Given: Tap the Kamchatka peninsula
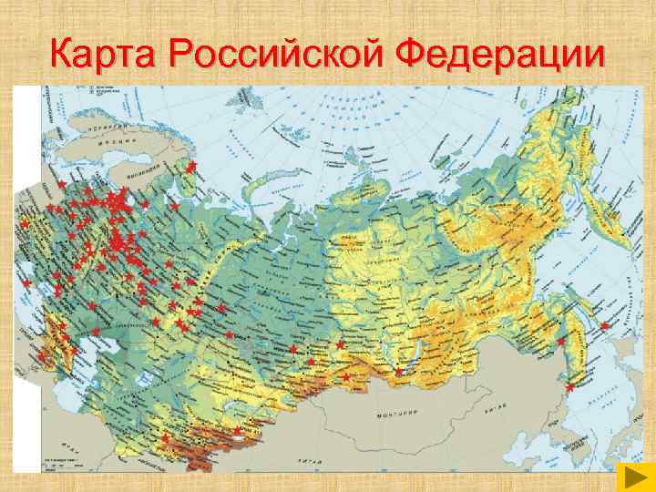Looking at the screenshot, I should point(592,273).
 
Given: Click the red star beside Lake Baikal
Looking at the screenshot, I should point(398,372).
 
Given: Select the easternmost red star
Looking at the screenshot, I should point(604,325).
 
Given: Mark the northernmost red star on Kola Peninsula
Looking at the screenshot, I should point(191,165).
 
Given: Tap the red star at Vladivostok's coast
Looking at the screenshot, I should point(569,387).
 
